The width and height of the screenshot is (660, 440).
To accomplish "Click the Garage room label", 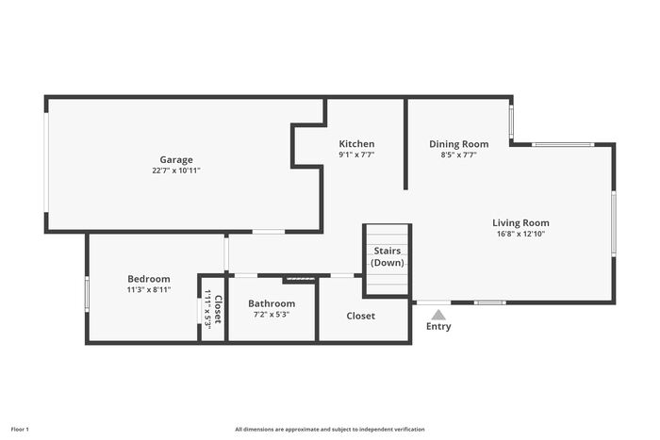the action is pos(176,160).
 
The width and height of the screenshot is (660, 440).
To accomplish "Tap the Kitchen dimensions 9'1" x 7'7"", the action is pos(356,155).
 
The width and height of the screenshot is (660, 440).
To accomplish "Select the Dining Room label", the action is pos(459,144).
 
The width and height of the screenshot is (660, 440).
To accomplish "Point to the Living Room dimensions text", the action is pos(521,234).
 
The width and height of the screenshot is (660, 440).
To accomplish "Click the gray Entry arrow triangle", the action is pos(438,315).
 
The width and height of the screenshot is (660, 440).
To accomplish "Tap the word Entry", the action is pos(438,326).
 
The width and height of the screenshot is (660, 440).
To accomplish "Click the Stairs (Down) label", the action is pos(388,256).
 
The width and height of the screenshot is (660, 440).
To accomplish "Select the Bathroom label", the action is pos(272,303).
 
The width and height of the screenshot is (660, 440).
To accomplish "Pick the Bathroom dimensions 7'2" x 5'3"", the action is pos(272,315).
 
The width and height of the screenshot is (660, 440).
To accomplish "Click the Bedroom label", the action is pos(149,279).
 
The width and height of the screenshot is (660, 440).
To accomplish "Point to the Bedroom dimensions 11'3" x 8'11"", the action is pos(149,289).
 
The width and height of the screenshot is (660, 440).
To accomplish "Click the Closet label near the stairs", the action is pos(361,316).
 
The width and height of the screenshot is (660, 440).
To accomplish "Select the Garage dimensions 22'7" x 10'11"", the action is pos(176,171).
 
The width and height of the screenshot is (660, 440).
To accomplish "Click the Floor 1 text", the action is pos(20,430).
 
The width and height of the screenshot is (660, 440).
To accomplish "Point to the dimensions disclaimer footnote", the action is pos(330,430).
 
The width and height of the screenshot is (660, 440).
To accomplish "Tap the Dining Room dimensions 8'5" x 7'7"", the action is pos(459,155).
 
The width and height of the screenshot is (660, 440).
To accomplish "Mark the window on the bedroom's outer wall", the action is pos(87,294).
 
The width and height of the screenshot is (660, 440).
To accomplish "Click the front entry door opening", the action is pos(434,302).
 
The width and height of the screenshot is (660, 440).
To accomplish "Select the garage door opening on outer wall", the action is pos(47,163).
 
